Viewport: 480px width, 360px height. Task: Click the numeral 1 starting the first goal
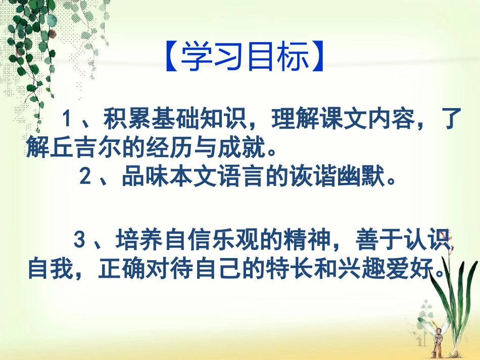pyautogui.click(x=66, y=120)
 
